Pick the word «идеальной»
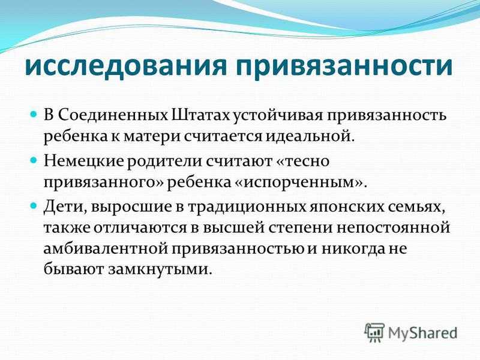point(309,136)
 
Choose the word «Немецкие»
point(83,161)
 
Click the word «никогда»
point(352,249)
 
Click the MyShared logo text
point(422,333)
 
